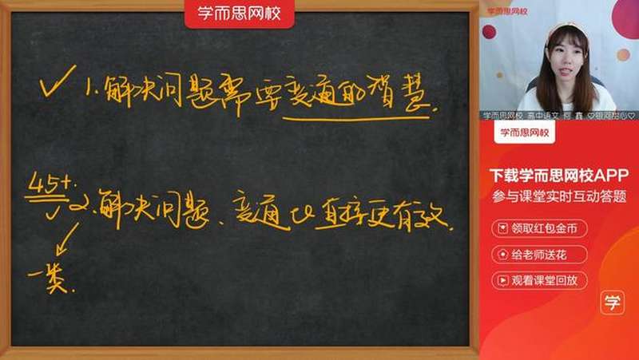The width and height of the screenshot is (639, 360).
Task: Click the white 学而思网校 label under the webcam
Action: point(524,133)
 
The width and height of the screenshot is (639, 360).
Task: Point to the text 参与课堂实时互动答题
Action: point(558,196)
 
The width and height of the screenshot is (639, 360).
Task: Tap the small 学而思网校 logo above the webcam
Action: point(507,11)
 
